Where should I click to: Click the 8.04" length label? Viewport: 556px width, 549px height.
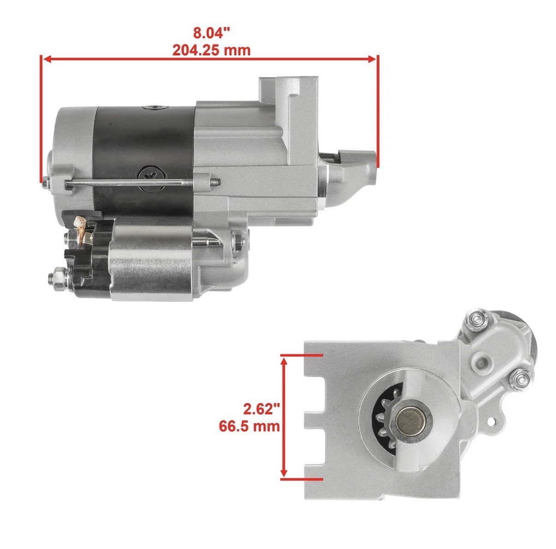[x=211, y=33]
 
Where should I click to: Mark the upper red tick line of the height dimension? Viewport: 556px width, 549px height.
[x=302, y=356]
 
